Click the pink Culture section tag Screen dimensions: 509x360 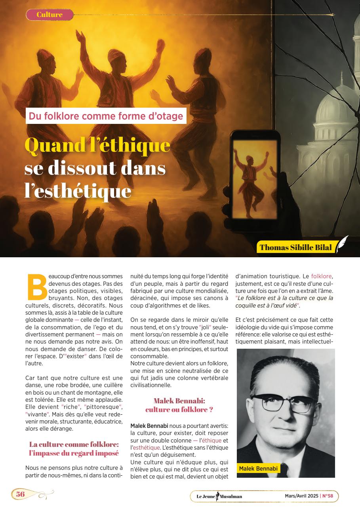[50, 15]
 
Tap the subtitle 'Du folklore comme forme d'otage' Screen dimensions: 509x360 [106, 116]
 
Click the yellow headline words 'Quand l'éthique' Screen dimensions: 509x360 [97, 145]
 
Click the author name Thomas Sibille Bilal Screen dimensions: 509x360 [295, 248]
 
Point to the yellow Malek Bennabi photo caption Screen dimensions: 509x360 [258, 469]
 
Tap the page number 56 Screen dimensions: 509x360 [20, 494]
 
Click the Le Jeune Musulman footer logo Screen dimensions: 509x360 [219, 496]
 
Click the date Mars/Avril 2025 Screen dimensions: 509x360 [301, 496]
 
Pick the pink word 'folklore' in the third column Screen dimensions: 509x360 [322, 276]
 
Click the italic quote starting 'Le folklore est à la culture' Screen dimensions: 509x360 [284, 302]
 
